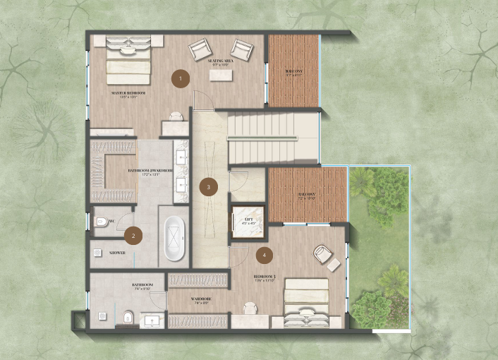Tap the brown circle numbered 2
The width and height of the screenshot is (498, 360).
130,237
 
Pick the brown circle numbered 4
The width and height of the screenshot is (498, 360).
265,255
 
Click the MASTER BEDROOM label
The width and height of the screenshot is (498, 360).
128,92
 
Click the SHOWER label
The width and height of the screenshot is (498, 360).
118,252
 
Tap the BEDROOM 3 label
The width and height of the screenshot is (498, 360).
265,277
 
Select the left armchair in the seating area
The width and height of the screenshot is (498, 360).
199,49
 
